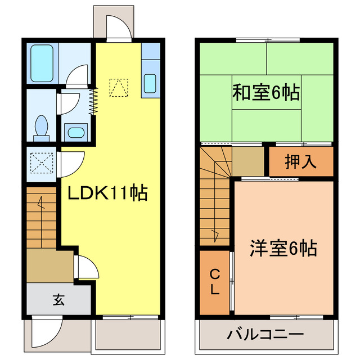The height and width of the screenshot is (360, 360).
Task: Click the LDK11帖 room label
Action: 107,194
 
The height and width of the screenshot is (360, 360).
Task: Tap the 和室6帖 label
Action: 266,92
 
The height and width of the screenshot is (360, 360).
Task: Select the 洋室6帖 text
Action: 282,247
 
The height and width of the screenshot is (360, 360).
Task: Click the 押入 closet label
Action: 300,162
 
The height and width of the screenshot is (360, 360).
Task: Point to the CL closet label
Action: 215,283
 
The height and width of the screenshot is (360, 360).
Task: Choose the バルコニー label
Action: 265,335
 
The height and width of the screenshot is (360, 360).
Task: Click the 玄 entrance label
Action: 58,299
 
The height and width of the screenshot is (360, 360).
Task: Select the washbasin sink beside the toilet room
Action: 75,133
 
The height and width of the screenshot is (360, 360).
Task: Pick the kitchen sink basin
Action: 150,83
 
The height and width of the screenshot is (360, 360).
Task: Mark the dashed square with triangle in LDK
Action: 118,87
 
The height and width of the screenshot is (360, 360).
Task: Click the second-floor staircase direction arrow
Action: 215,233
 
